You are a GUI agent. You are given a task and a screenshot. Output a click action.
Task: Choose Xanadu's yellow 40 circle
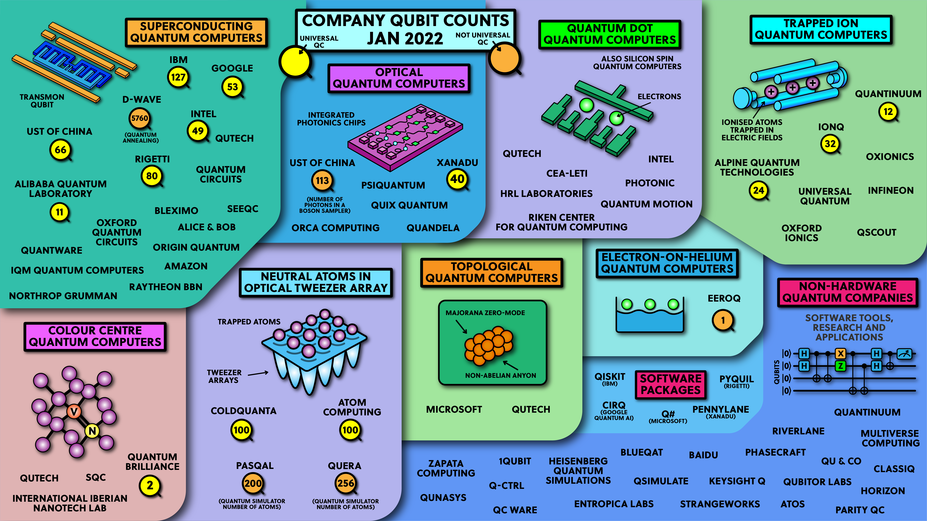pos(457,179)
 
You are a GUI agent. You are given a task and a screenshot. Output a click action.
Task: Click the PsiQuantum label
pos(393,185)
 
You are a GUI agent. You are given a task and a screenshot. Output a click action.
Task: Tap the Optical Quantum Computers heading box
pos(399,78)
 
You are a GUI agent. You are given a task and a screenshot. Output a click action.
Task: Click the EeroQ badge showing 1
pos(723,320)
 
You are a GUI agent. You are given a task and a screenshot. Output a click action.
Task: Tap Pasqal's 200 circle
pos(253,483)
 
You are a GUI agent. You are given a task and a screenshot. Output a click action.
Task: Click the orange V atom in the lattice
pos(74,411)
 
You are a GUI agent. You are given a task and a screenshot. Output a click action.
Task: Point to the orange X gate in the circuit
pos(841,353)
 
